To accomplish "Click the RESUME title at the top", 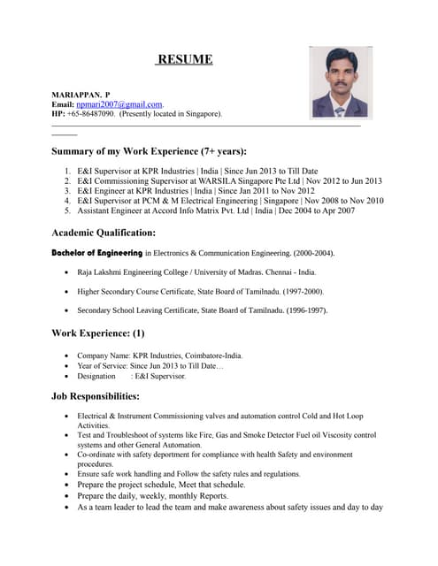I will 184,59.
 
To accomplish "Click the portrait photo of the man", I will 340,82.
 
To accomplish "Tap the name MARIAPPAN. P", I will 81,94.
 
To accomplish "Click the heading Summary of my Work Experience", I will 149,151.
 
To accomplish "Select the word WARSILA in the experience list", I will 199,180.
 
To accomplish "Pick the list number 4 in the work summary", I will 68,201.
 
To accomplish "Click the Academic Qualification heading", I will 104,233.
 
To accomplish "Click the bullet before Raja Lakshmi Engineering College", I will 68,272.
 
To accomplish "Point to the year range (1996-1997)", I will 303,310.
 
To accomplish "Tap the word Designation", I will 96,376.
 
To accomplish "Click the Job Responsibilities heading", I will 96,396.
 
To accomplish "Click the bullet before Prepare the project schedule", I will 68,485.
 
